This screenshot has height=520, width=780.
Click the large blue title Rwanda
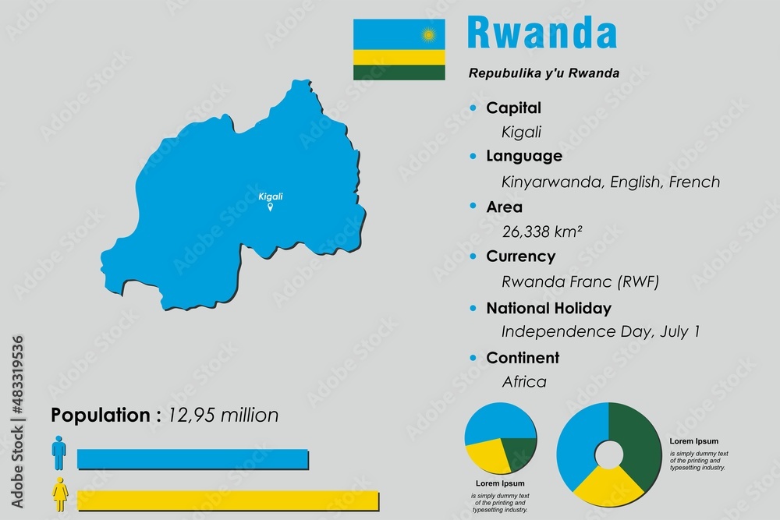click(x=541, y=33)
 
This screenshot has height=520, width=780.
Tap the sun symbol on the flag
click(x=427, y=34)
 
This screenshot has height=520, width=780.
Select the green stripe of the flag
click(x=399, y=72)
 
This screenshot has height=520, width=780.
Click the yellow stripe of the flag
click(x=399, y=57)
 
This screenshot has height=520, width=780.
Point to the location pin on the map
click(x=271, y=208)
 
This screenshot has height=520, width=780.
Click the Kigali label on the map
click(x=271, y=196)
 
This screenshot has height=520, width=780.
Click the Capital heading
click(x=513, y=108)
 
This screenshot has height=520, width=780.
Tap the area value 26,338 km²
click(x=543, y=231)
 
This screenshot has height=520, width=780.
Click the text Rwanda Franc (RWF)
click(x=575, y=281)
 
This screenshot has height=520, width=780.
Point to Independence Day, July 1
click(x=600, y=331)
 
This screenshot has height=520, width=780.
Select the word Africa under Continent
click(x=523, y=382)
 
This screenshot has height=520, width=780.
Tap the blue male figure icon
click(x=59, y=453)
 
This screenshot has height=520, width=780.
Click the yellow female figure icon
click(x=59, y=494)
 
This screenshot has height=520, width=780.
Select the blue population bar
click(x=193, y=459)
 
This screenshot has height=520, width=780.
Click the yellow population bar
click(x=228, y=501)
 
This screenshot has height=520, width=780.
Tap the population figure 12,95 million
click(x=223, y=416)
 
